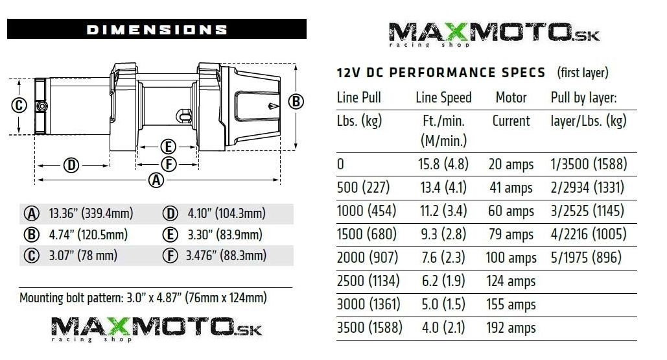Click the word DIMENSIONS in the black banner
coord(157,29)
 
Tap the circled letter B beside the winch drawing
coord(296,102)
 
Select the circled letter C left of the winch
coord(19,105)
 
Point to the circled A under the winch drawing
coord(156,180)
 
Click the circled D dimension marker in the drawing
coord(71,165)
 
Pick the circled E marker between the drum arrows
coord(168,147)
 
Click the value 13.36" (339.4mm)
coord(91,213)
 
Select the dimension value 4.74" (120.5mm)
coord(88,234)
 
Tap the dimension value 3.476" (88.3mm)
coord(226,256)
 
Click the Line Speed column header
coord(443,97)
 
